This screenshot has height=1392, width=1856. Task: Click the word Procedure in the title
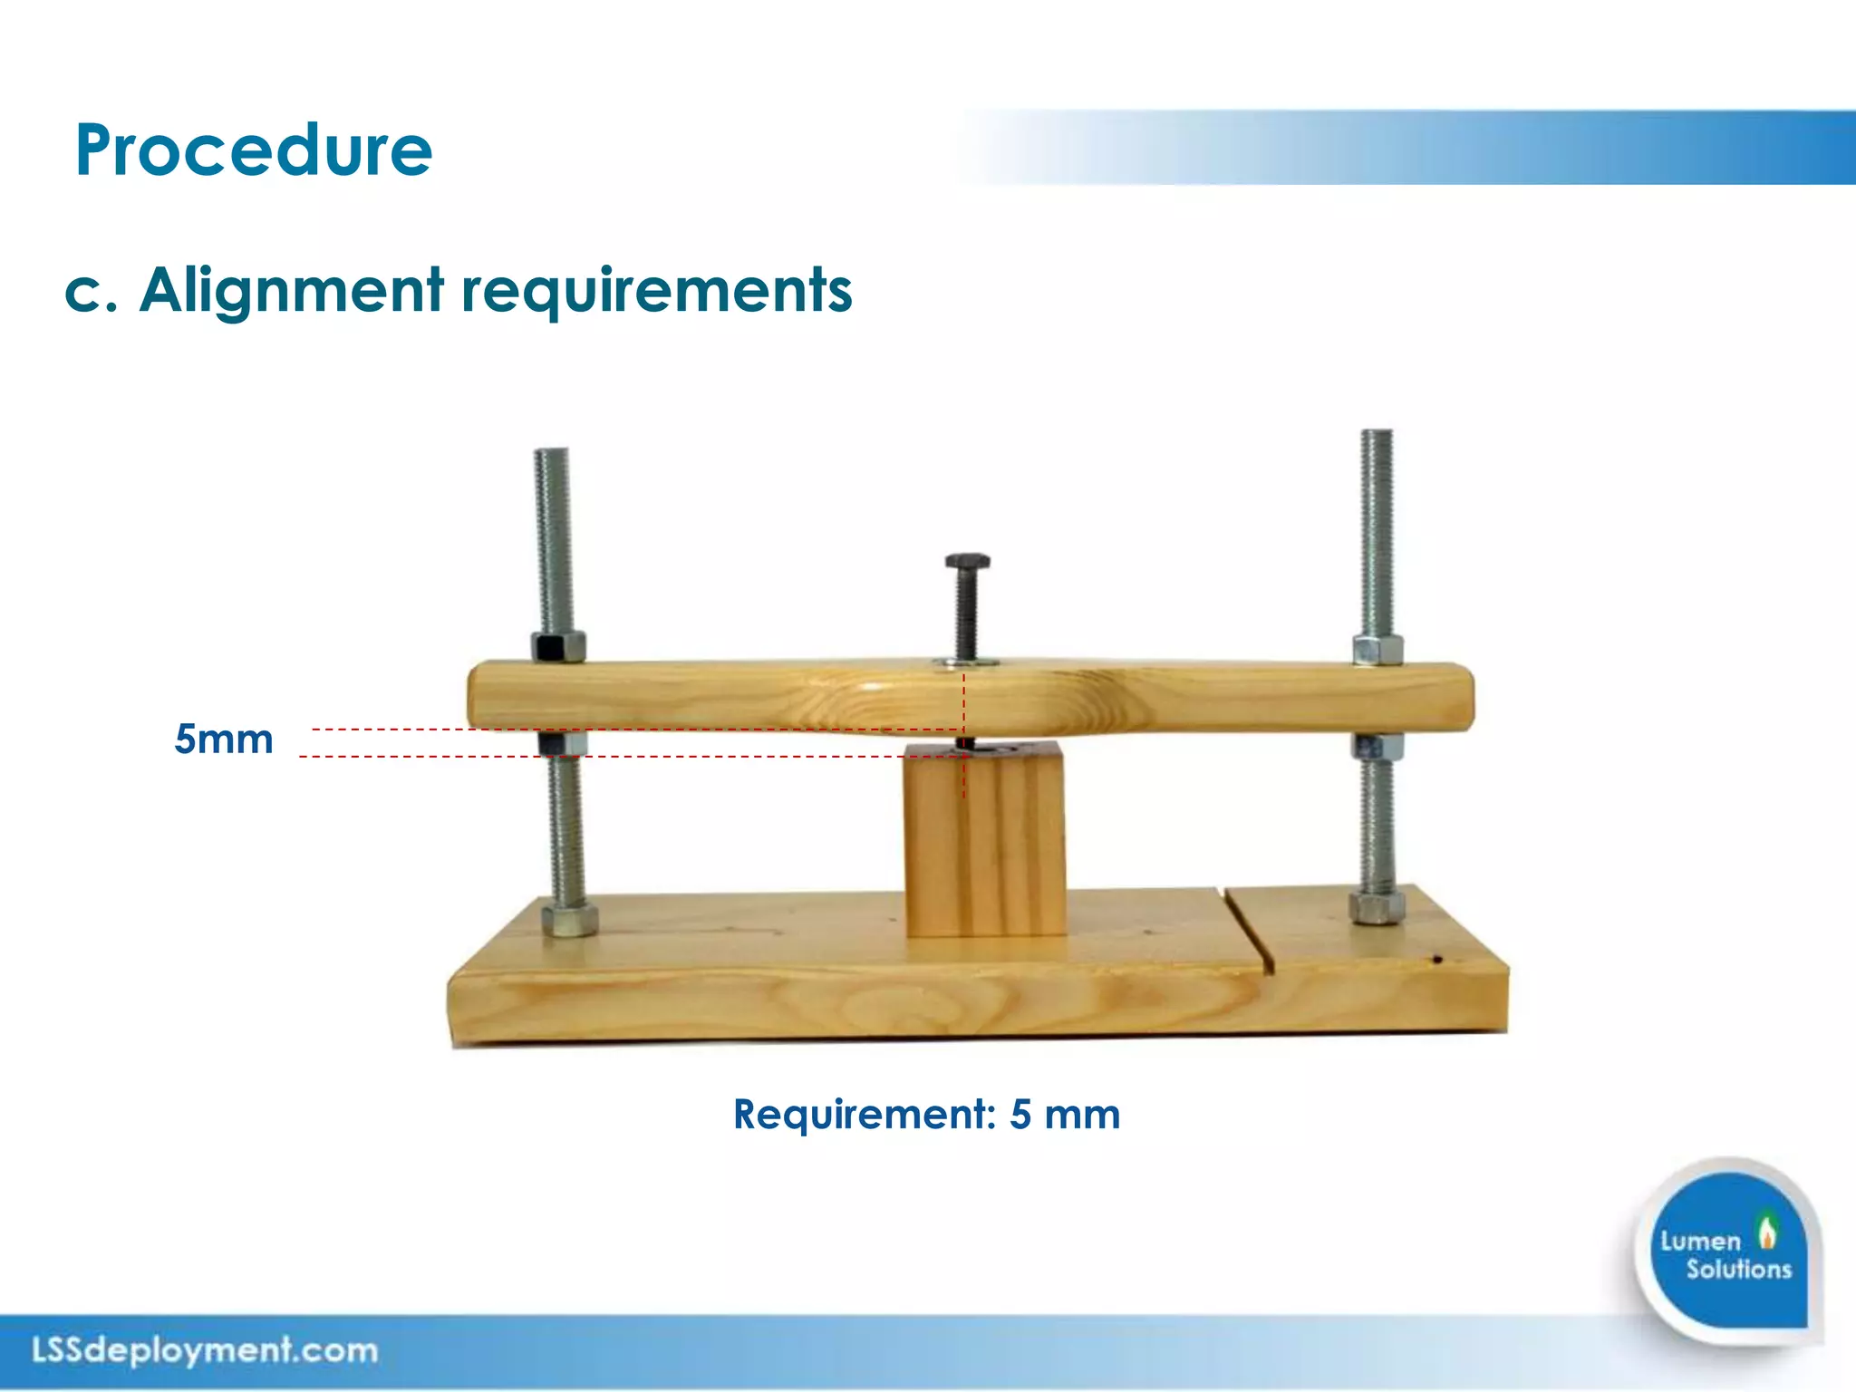(x=254, y=150)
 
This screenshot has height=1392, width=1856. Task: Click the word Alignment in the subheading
(x=292, y=291)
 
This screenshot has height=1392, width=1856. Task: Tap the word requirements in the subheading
(x=657, y=291)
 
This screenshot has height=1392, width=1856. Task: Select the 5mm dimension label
(x=224, y=739)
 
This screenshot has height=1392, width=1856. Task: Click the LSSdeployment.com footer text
(x=205, y=1350)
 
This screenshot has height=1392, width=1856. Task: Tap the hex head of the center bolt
(x=967, y=562)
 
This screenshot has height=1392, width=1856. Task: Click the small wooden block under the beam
(x=985, y=843)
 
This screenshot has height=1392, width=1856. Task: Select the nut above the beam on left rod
(x=558, y=647)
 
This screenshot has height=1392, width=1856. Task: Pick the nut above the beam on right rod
(x=1378, y=650)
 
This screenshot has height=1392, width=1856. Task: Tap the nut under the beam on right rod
(x=1377, y=747)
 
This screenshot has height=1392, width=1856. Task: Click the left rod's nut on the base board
(x=569, y=919)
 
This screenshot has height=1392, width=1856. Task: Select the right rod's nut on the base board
(x=1376, y=906)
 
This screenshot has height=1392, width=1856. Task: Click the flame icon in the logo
(x=1766, y=1232)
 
